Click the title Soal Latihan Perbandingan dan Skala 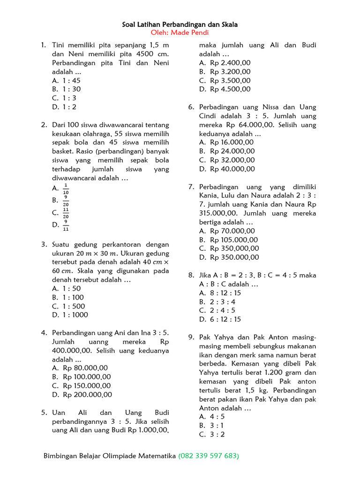180,24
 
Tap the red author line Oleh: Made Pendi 180,32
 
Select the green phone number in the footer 209,456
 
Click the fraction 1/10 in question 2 66,188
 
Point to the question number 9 191,337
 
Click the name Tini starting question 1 60,45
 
